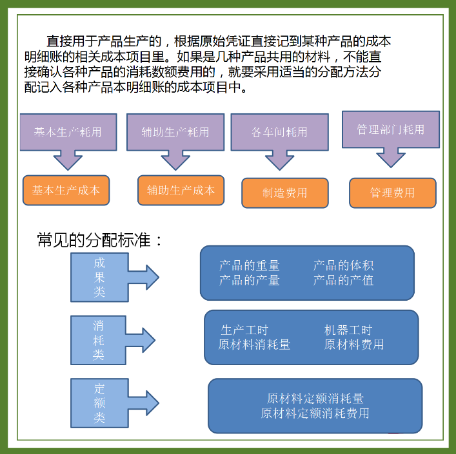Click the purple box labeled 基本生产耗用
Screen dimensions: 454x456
(68, 132)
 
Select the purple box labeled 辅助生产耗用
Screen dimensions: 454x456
(175, 132)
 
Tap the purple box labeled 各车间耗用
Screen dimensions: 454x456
(279, 133)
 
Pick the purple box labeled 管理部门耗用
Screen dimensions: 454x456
(390, 129)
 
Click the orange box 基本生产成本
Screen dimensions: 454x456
(66, 191)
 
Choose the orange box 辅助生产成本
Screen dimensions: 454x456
(181, 191)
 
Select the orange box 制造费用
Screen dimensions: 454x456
(284, 193)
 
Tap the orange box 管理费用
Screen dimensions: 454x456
(392, 193)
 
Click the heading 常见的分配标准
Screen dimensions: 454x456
(100, 241)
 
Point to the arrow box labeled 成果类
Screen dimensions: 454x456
(99, 278)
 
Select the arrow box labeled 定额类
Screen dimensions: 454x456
(99, 403)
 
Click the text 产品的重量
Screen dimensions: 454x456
(249, 265)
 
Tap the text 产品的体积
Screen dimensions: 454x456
(343, 265)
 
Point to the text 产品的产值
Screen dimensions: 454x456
(343, 280)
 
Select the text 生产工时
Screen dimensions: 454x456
(244, 330)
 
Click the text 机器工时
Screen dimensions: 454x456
(348, 330)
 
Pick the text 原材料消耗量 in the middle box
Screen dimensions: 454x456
(254, 345)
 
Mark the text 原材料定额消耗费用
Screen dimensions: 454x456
(315, 413)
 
